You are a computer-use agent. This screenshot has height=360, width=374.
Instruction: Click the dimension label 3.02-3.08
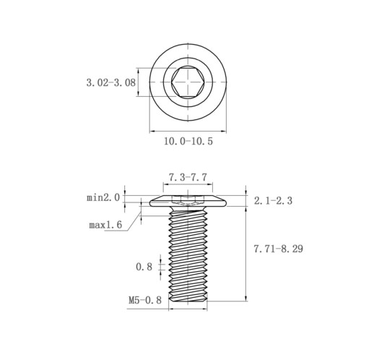pyautogui.click(x=111, y=82)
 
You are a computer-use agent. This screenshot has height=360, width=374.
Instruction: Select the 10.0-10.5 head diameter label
pyautogui.click(x=188, y=141)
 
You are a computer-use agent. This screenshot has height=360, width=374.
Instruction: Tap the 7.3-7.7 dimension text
pyautogui.click(x=188, y=178)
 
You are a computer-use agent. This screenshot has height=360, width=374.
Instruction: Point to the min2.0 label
pyautogui.click(x=103, y=198)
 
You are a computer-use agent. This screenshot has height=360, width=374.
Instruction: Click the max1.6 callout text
pyautogui.click(x=105, y=225)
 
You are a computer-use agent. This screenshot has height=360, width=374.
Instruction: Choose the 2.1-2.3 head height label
pyautogui.click(x=273, y=200)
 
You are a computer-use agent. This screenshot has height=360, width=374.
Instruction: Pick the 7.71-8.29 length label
pyautogui.click(x=279, y=249)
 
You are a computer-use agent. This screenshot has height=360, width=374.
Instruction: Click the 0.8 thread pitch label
pyautogui.click(x=144, y=267)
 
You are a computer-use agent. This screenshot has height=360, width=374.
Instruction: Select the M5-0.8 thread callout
pyautogui.click(x=145, y=300)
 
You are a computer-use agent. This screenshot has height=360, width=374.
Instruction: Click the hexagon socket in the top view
pyautogui.click(x=188, y=82)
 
